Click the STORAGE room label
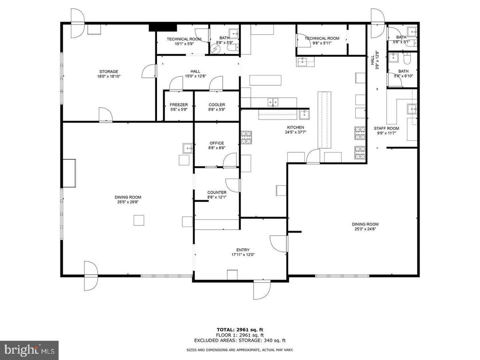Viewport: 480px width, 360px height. [109, 72]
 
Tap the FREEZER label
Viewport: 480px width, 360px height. [179, 105]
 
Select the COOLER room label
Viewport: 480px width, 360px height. [217, 105]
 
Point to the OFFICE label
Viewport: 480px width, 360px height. [217, 143]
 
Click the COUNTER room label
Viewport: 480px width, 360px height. [217, 192]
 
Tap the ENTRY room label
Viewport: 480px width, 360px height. [243, 250]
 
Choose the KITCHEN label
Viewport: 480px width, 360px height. [295, 127]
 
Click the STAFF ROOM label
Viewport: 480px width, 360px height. [386, 128]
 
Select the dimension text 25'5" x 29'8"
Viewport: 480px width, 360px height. [128, 202]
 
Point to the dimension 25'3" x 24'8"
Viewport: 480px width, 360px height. [365, 229]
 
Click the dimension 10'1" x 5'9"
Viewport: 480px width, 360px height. [184, 44]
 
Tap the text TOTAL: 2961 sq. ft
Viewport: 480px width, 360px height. [240, 330]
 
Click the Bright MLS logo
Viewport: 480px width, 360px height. [29, 350]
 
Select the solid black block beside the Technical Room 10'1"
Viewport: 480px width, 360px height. [163, 28]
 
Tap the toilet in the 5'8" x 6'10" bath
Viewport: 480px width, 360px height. [407, 59]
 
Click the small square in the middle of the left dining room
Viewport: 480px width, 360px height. [139, 220]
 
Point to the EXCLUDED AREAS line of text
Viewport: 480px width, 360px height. [240, 340]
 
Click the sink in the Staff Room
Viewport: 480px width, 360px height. [412, 109]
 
